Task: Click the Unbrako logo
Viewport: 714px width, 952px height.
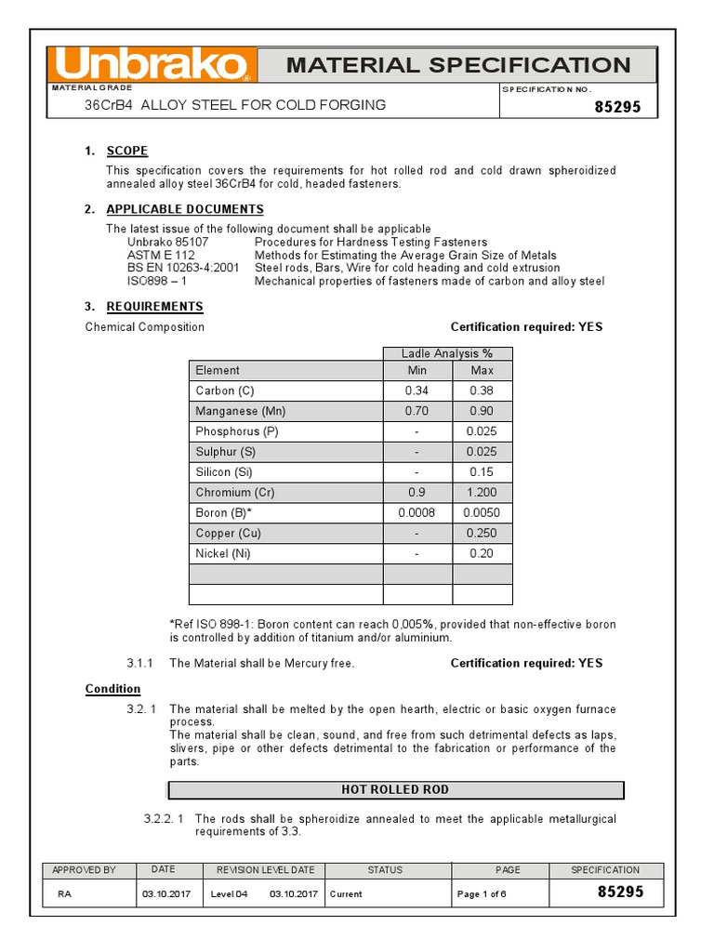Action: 152,65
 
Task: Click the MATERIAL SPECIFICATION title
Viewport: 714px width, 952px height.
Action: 457,65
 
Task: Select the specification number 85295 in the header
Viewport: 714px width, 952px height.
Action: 618,107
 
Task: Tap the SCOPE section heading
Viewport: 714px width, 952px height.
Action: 126,151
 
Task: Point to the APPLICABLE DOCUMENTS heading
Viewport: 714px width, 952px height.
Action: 184,209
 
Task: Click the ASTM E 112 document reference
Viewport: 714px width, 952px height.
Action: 162,255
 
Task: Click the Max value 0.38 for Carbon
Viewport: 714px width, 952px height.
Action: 482,390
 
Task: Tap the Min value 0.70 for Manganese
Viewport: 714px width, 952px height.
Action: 417,411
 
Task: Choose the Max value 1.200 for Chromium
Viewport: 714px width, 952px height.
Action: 482,493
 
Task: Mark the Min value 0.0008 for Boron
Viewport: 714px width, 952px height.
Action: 417,513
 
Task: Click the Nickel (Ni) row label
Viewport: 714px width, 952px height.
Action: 223,554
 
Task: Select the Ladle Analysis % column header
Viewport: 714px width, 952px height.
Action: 447,353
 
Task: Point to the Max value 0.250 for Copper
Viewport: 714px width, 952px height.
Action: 482,534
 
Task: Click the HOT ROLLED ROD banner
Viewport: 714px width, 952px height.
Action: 395,790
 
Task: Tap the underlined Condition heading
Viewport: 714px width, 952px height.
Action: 112,689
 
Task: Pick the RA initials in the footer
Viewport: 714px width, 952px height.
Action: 64,894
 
